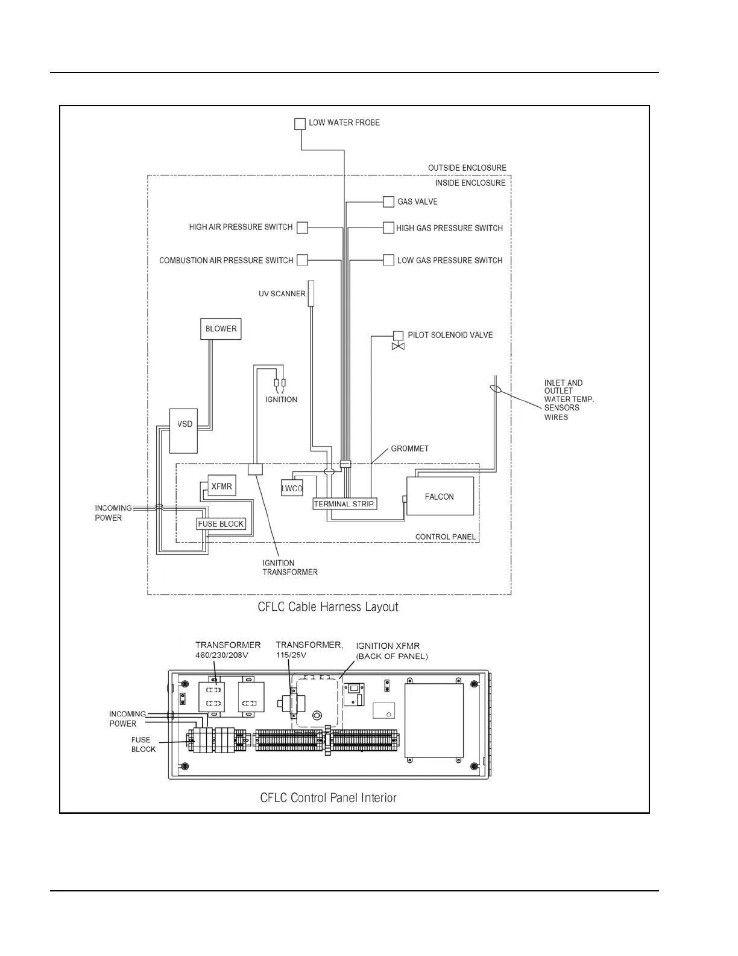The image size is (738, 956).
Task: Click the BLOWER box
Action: [x=221, y=329]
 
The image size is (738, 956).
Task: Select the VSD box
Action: [x=183, y=431]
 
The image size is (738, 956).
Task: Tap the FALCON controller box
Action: [x=440, y=497]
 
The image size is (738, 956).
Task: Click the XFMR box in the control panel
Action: [x=221, y=486]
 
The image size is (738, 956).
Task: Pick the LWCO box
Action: [x=292, y=488]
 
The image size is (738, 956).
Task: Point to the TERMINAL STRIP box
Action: [x=344, y=504]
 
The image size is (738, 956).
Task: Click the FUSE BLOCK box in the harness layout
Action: [x=221, y=524]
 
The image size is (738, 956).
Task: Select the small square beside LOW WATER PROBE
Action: [x=300, y=124]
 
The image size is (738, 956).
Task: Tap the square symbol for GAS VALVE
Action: [x=389, y=202]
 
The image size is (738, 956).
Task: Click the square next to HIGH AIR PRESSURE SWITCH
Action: [x=303, y=228]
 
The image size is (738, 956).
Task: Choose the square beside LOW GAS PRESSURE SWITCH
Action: [x=389, y=260]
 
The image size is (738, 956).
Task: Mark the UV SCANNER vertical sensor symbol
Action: [x=311, y=293]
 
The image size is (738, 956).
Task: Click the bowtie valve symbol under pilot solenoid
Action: [x=398, y=346]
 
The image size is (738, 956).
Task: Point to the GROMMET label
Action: [x=409, y=448]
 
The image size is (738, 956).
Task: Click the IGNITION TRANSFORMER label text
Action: [x=289, y=567]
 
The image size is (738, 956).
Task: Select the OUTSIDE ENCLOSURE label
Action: [x=467, y=168]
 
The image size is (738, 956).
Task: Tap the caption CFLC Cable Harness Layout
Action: [x=328, y=607]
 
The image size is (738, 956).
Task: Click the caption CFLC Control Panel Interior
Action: [x=328, y=798]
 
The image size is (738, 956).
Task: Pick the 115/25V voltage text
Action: [x=291, y=655]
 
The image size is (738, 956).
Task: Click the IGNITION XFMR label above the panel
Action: [x=388, y=646]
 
